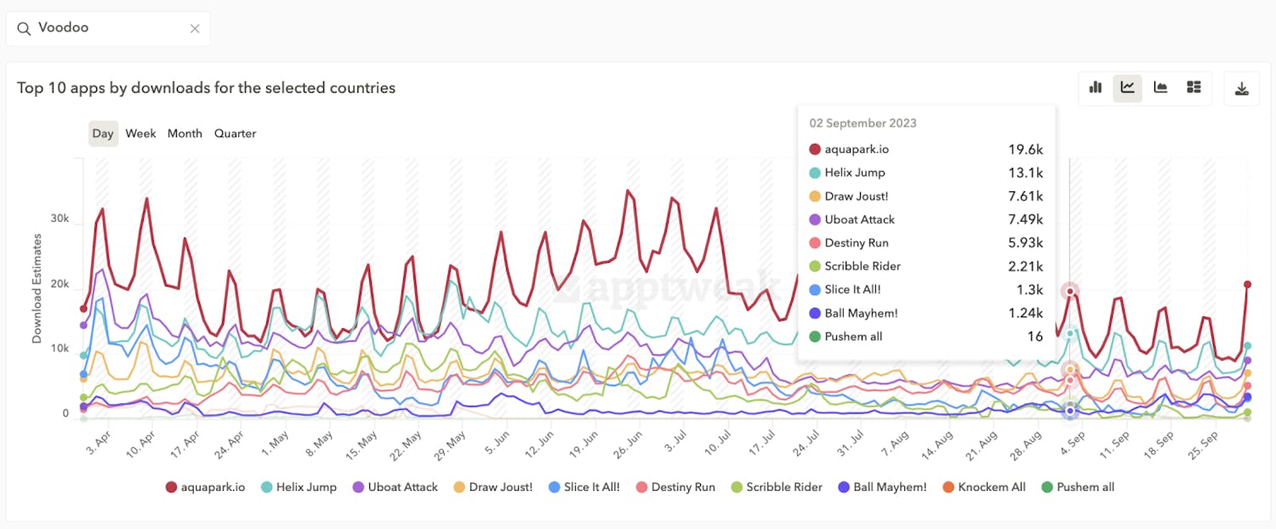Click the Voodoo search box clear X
point(195,29)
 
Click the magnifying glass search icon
point(24,29)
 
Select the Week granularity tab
point(140,134)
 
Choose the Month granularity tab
point(185,134)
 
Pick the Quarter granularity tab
point(235,134)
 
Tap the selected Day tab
point(103,134)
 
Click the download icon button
point(1241,88)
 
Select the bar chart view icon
point(1096,88)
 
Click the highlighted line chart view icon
point(1128,88)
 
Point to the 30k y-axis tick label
point(60,219)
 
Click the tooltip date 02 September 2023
point(863,123)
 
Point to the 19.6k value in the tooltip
point(1025,150)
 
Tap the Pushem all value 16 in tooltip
point(1034,337)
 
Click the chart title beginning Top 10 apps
point(206,88)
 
